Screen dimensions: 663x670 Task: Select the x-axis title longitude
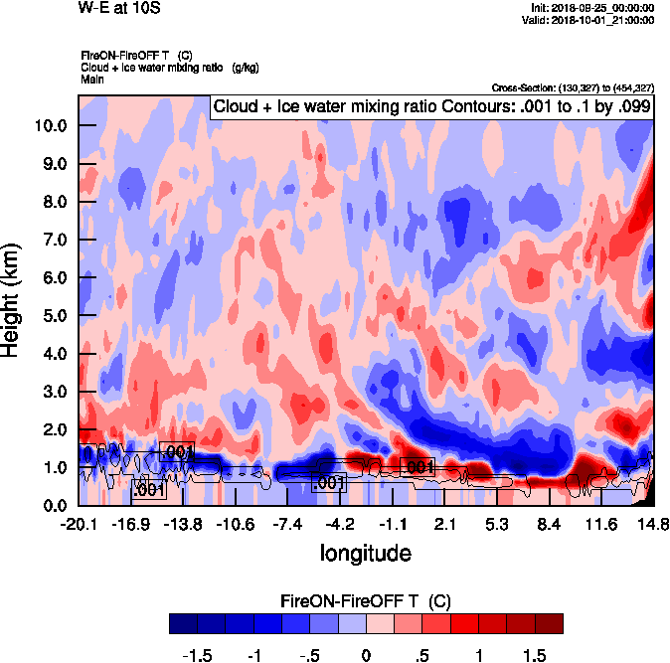coord(365,552)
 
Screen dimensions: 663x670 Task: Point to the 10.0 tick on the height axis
coord(49,125)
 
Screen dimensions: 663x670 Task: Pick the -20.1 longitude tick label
coord(79,523)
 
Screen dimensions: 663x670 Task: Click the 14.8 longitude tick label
coord(653,523)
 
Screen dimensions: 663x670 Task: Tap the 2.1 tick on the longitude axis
coord(444,523)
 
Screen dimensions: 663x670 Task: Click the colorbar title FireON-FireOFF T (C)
coord(366,601)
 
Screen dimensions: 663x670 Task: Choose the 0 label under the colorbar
coord(366,656)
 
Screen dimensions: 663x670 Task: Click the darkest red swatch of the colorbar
coord(549,623)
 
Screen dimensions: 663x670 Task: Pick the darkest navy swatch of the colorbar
coord(183,623)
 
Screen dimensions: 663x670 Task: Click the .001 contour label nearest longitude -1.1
coord(418,466)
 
